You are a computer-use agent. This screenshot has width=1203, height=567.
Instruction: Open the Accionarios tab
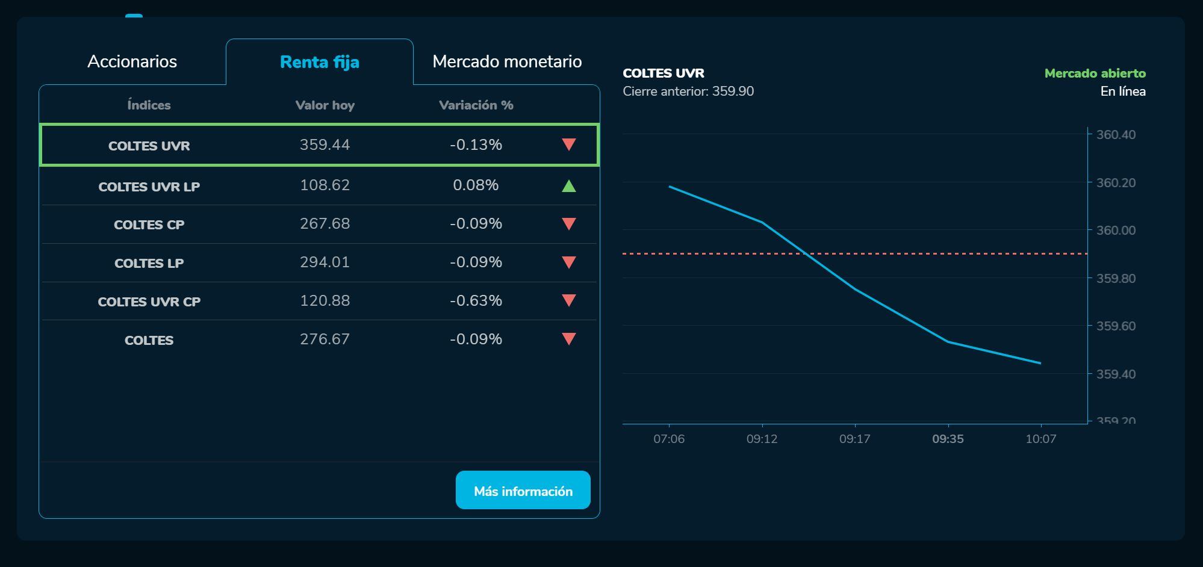132,61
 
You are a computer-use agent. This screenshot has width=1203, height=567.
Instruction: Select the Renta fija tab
320,62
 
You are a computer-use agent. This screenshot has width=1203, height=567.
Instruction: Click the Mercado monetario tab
507,61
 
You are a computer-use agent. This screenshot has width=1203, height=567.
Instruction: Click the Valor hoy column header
325,105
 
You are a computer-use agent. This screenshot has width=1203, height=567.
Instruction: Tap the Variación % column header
476,105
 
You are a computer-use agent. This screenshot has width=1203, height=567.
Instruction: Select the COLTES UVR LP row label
149,187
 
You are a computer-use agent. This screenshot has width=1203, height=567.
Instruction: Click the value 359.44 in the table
325,145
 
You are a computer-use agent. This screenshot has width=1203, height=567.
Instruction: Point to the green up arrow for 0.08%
568,186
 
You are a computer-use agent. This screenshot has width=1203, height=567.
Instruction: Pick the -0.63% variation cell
476,300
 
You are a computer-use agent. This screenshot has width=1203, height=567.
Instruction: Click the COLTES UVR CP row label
149,302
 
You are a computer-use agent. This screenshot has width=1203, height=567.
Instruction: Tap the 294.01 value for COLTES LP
325,262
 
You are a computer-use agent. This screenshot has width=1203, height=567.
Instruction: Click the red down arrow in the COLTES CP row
568,224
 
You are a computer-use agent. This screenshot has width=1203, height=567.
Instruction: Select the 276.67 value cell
325,339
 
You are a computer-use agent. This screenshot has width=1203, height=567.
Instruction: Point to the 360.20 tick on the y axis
1116,183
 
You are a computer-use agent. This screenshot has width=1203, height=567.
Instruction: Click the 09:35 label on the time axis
948,439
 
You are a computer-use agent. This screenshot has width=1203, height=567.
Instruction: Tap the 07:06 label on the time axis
669,439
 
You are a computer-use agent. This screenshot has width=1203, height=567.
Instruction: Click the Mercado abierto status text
1095,73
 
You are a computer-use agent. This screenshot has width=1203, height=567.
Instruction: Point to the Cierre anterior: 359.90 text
688,91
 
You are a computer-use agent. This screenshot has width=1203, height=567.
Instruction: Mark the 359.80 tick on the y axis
1116,279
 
